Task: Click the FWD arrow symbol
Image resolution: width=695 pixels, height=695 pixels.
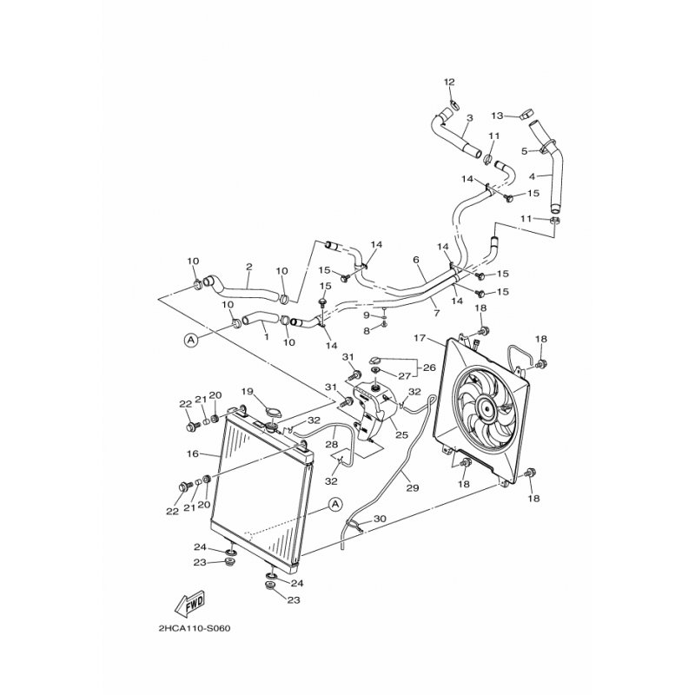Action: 189,602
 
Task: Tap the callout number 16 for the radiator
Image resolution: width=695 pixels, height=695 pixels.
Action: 192,453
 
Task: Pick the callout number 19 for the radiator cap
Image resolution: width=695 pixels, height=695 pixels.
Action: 247,392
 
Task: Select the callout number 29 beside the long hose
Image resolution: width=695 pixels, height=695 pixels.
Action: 412,488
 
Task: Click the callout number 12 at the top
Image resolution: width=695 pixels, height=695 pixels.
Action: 450,82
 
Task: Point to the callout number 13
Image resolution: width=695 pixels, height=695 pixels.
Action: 497,116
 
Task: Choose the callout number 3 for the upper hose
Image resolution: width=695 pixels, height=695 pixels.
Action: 469,118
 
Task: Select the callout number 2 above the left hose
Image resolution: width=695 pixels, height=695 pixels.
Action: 249,267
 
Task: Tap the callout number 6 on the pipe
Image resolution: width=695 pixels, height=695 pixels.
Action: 416,260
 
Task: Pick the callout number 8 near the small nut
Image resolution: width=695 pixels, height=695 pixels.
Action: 367,330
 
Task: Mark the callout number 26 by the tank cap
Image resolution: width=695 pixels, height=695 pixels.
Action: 427,367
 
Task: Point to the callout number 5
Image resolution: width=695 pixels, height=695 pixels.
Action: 524,150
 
